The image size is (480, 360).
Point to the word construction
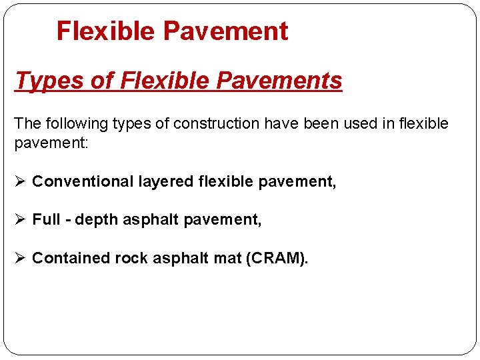tap(212, 123)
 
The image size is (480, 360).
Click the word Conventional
tap(83, 181)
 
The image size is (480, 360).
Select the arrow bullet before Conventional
tap(21, 181)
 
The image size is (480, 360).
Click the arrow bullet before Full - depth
tap(21, 219)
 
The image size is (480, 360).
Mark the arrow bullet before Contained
tap(21, 258)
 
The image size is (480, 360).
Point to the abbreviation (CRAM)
tap(277, 258)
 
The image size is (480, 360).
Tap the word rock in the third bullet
tap(131, 258)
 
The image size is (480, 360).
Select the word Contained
tap(71, 258)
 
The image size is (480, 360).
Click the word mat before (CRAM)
tap(229, 258)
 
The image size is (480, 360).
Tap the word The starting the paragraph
tap(27, 123)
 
